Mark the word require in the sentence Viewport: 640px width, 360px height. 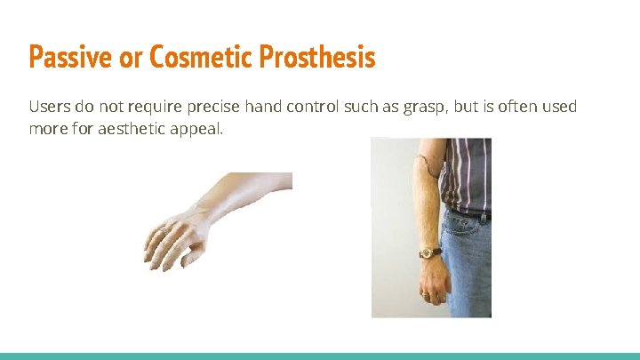[155, 107]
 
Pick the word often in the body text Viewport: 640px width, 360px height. [514, 107]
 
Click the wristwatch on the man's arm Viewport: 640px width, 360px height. [430, 252]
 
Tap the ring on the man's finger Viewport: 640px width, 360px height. [426, 294]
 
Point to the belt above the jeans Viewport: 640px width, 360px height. [470, 213]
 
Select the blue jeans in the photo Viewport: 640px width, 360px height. [467, 267]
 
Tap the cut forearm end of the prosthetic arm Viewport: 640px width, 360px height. [286, 181]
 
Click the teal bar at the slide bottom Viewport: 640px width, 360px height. [320, 356]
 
